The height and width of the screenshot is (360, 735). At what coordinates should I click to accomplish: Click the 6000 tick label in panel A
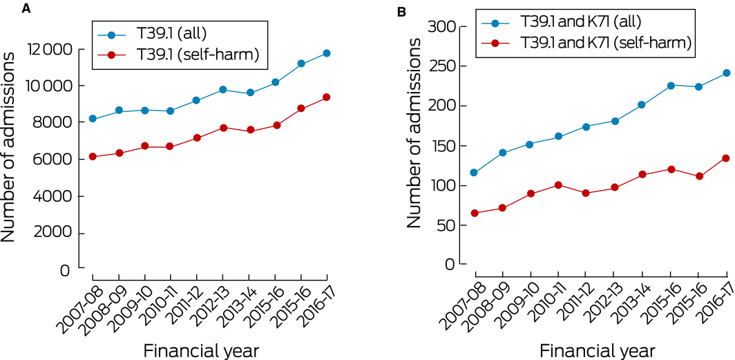tap(54, 160)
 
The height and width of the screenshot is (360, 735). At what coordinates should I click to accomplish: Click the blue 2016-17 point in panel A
tap(326, 53)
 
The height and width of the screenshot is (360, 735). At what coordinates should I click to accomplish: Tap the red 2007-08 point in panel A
tap(93, 157)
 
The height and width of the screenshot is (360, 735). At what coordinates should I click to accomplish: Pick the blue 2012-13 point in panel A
tap(222, 90)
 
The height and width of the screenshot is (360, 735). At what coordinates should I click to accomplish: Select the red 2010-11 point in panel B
tap(558, 185)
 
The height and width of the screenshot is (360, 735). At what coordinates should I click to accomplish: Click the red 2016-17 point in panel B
tap(726, 158)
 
